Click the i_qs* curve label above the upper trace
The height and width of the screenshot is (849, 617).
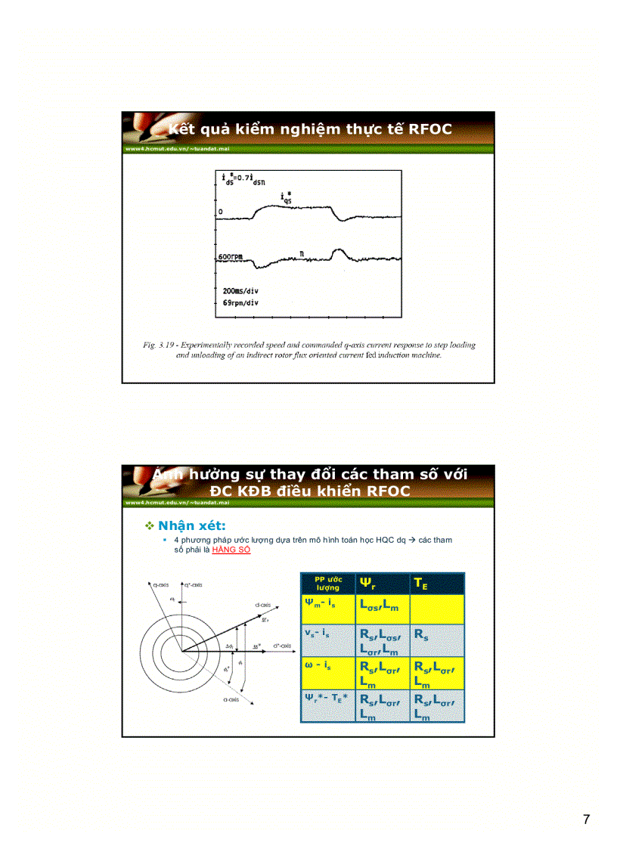coord(287,198)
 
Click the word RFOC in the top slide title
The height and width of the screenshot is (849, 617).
coord(429,129)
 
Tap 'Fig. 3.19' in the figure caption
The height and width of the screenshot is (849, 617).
coord(159,345)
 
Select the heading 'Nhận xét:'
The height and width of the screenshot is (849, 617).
coord(191,525)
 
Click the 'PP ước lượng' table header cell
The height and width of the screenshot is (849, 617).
coord(328,584)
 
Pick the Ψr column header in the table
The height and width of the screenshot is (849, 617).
coord(368,584)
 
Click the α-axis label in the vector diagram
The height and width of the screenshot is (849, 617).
coord(231,700)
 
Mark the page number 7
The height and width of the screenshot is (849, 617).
coord(586,820)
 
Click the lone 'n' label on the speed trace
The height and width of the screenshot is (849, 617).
coord(301,256)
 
